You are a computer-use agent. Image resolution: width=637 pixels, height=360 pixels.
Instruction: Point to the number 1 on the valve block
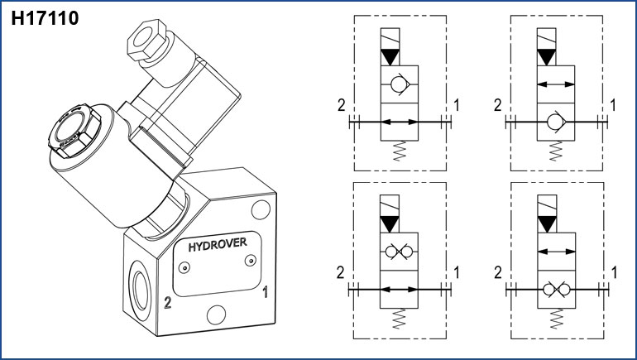[x=265, y=291]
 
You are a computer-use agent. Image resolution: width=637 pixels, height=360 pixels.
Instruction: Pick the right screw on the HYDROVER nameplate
[x=249, y=261]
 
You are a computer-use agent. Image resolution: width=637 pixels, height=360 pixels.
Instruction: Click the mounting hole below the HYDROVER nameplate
[x=217, y=314]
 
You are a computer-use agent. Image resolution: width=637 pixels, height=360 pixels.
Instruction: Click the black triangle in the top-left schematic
[x=390, y=58]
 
